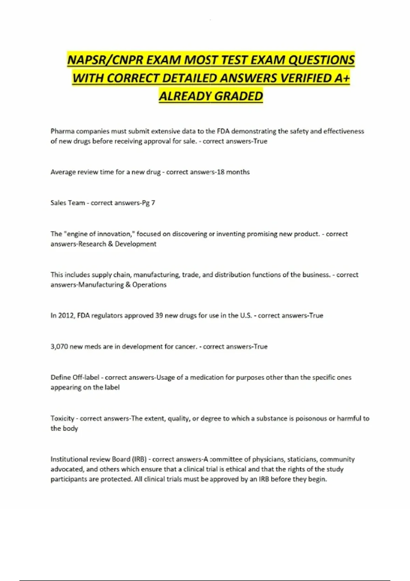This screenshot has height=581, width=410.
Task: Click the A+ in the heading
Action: point(342,78)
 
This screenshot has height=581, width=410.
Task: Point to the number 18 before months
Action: point(220,172)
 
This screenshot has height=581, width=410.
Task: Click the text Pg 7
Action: point(148,203)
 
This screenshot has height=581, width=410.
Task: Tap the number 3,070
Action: point(59,347)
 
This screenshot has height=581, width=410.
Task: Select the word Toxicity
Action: point(62,418)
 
